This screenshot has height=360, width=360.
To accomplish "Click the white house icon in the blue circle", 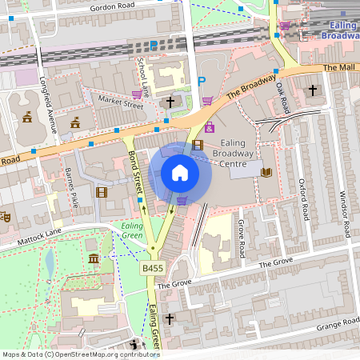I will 179,173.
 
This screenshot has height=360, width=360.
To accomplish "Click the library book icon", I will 266,172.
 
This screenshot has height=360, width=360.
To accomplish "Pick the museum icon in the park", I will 94,258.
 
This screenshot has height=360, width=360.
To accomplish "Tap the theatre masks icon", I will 4,216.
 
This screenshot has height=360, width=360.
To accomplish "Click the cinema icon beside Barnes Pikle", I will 101,191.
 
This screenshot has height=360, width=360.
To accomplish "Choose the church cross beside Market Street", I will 170,102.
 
